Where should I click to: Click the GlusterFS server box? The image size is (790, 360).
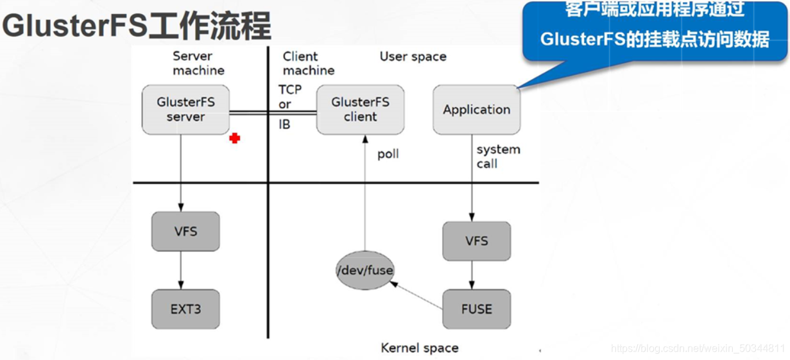point(185,110)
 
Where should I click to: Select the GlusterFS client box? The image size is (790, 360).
point(360,110)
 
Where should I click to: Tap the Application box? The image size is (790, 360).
point(476,110)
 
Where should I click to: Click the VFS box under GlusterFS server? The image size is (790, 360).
point(185,231)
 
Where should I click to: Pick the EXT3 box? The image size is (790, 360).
point(185,309)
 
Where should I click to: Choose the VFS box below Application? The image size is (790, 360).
point(477,241)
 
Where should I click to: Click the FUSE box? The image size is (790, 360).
point(477,309)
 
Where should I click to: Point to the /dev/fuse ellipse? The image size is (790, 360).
point(365,270)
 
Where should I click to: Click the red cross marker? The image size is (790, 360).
point(235,138)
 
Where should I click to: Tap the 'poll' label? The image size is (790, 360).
point(388,155)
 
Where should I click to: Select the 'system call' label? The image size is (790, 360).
point(497,157)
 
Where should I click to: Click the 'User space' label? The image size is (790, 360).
point(413,57)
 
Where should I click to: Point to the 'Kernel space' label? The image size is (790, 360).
point(420,348)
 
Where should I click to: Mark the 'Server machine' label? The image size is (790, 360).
point(198,64)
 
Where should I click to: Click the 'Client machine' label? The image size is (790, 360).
point(308,64)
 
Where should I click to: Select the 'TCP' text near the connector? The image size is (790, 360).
point(290,89)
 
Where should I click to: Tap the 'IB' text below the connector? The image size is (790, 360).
point(284,124)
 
